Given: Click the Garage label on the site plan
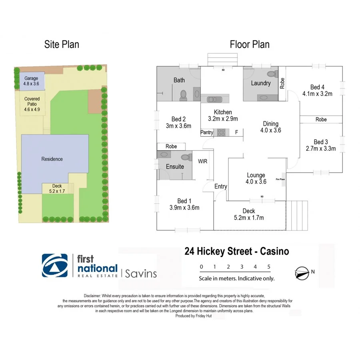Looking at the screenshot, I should (31, 78).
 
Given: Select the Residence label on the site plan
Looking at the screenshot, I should (52, 159).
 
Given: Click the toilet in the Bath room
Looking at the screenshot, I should (184, 95).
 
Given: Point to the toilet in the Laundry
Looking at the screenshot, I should (274, 75).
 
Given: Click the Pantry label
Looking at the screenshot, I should (207, 132).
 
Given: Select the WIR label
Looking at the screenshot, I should (203, 162).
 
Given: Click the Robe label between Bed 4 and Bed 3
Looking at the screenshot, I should (321, 120).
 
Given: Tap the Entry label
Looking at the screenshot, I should (220, 186).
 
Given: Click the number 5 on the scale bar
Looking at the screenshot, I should (269, 267).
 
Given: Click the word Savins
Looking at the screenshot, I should (141, 274).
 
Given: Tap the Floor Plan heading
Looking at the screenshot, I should (250, 44).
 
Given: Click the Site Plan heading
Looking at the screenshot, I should (62, 44).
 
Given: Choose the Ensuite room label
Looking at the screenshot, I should (175, 166).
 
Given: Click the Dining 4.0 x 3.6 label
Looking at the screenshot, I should (271, 127).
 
